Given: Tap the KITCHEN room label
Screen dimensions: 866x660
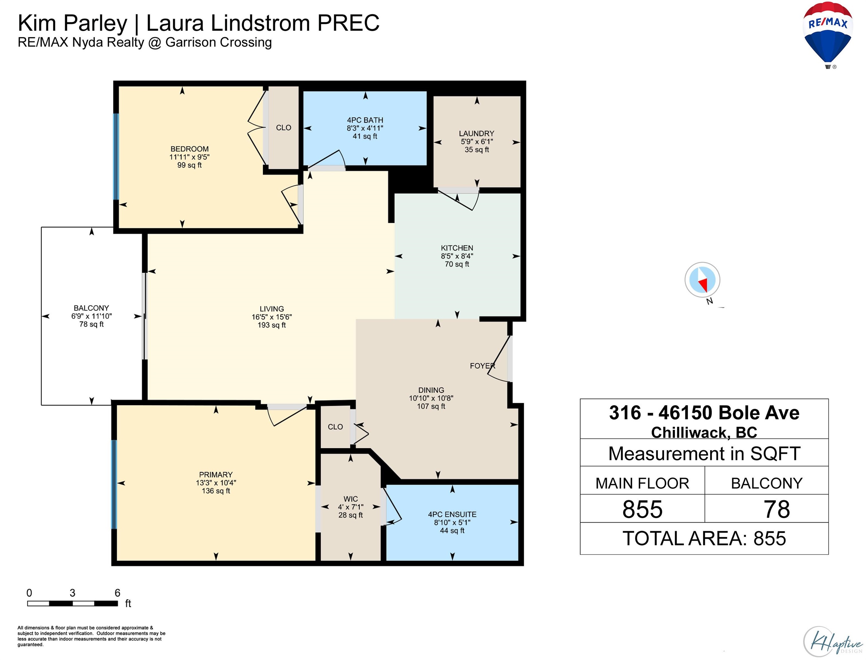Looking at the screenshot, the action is [457, 248].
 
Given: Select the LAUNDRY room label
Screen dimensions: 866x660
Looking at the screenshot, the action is [477, 133].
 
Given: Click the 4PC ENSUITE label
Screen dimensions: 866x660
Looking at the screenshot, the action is [452, 514].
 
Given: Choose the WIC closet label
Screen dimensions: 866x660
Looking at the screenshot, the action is [350, 499].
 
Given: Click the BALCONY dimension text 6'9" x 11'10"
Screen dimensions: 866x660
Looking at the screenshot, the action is [91, 316].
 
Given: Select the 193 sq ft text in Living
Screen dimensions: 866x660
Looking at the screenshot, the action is [271, 325].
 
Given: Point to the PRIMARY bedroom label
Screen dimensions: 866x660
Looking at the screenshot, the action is [216, 475].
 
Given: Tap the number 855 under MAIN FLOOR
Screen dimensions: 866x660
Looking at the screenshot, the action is [642, 509].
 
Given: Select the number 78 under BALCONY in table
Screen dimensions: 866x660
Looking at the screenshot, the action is [777, 509].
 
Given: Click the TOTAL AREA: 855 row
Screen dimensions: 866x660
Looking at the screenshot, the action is [704, 538].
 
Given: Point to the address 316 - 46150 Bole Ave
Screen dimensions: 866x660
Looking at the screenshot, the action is [704, 413].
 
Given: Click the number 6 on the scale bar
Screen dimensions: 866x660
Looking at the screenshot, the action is [117, 593].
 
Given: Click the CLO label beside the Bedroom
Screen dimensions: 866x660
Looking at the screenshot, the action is [284, 128].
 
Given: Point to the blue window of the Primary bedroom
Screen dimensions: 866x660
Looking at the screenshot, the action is [115, 484].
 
